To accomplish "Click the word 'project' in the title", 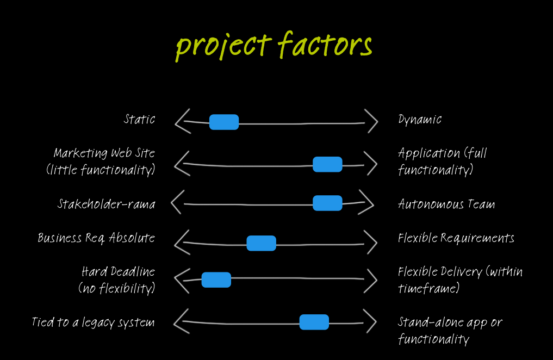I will pos(223,46).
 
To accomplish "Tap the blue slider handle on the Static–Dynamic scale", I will pos(224,122).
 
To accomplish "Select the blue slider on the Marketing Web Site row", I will pos(327,164).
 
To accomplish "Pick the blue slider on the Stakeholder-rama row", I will pos(327,203).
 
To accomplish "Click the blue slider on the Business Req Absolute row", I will pos(261,243).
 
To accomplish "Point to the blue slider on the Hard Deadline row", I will pos(216,280).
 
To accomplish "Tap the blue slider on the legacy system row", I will pos(314,322).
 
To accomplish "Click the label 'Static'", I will pos(139,119).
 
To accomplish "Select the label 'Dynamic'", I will pos(420,120).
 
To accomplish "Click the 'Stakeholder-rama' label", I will pos(107,204).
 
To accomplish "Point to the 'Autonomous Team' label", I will pos(446,204).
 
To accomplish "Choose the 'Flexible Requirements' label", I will pos(456,238).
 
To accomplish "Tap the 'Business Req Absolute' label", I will pos(96,238).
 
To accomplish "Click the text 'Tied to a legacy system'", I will pos(93,322).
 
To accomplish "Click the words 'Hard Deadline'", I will pos(118,271).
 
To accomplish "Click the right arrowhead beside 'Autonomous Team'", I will pos(367,203).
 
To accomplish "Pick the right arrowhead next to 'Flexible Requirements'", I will pos(370,242).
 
